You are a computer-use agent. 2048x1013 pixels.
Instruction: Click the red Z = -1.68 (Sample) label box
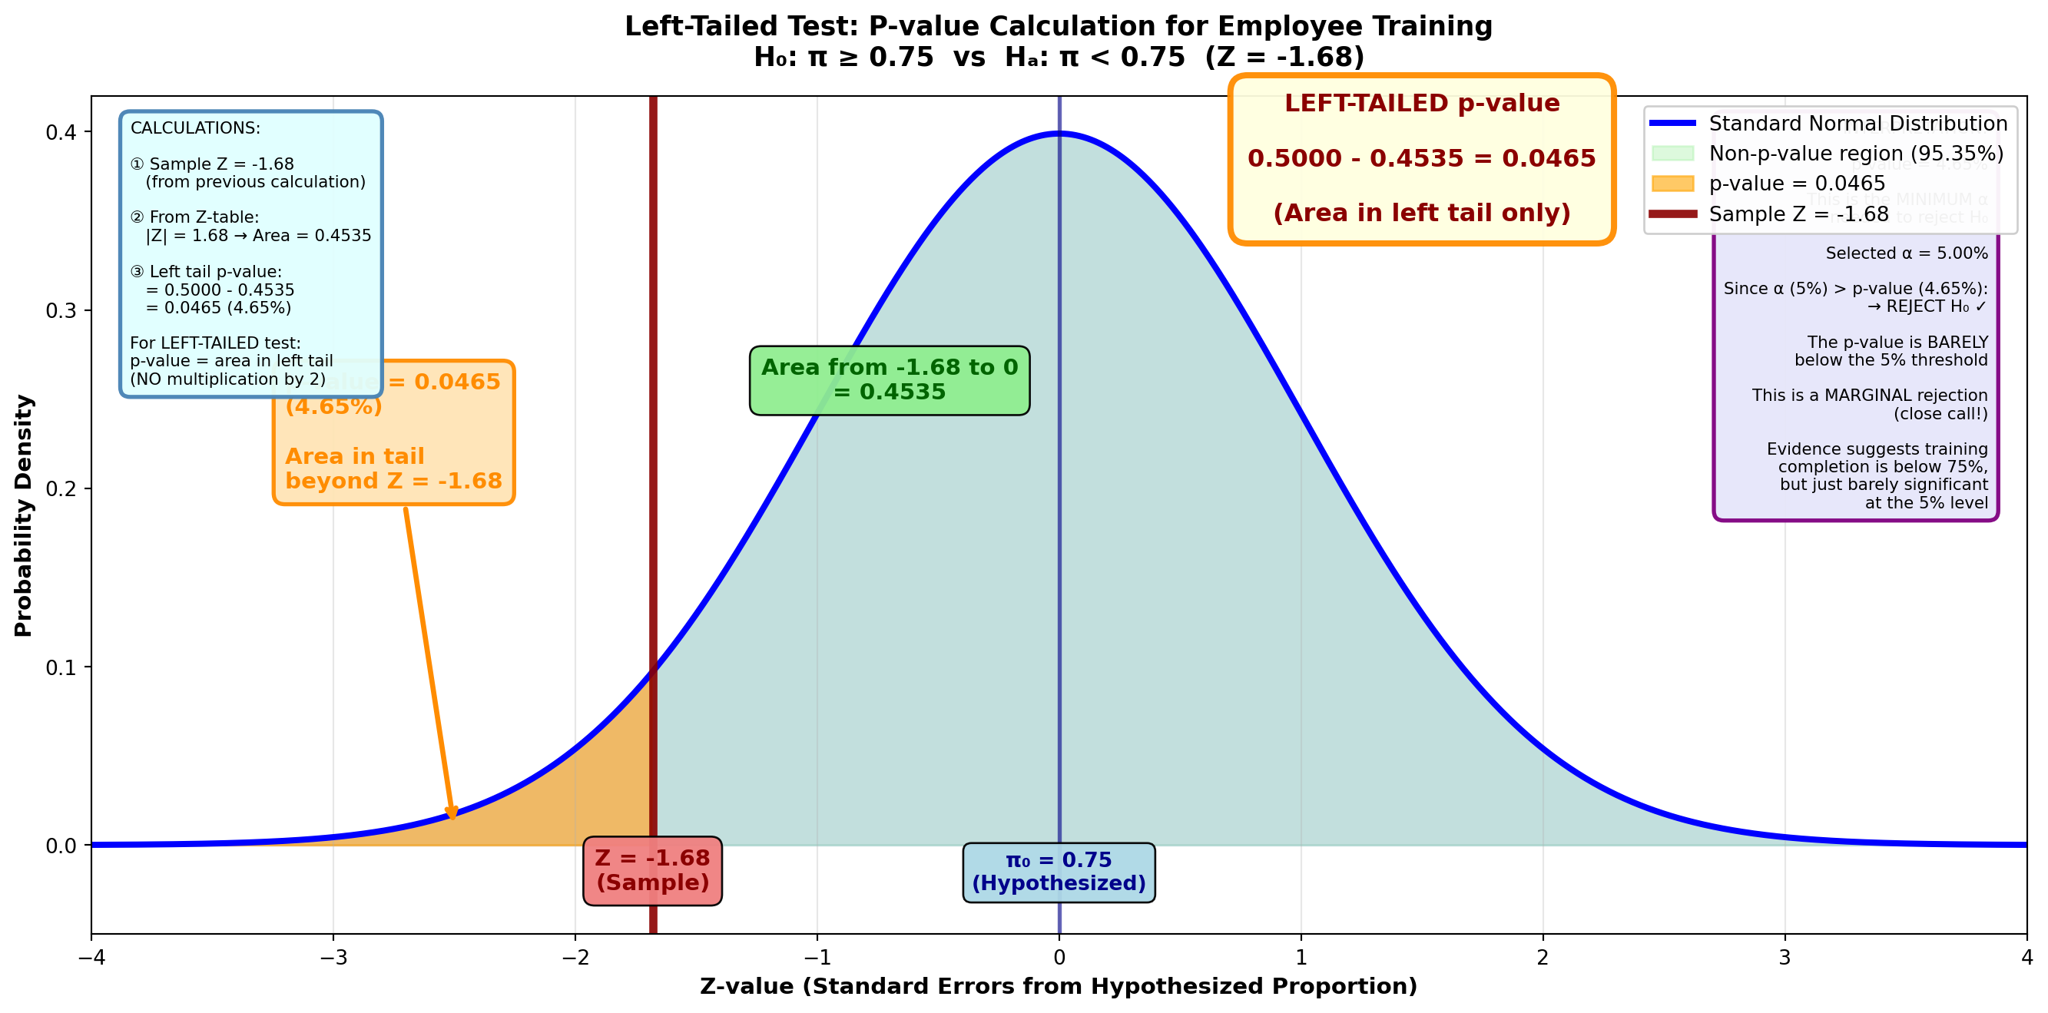(652, 870)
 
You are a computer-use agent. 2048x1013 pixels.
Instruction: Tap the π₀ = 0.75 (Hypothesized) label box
(1059, 872)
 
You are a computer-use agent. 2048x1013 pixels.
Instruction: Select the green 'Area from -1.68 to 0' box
(889, 379)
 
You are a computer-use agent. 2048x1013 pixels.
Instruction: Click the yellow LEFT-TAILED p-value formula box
(1420, 158)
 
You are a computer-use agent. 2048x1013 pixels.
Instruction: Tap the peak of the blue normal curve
(1059, 134)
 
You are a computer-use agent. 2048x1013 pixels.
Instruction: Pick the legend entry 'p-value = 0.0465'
(1796, 184)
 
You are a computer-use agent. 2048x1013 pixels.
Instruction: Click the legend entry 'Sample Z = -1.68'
(1798, 214)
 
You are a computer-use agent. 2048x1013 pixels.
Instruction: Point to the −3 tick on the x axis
(333, 956)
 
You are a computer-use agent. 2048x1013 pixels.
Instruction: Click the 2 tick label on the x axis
(1543, 956)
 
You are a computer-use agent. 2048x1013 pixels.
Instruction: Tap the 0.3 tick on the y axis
(61, 310)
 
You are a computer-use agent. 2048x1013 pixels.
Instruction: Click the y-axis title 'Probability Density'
(24, 515)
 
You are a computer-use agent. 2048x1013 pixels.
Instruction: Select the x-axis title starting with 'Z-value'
(1059, 986)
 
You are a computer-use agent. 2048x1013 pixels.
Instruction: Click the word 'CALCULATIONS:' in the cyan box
(195, 128)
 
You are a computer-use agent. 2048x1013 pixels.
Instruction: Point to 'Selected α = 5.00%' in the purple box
(1906, 253)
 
